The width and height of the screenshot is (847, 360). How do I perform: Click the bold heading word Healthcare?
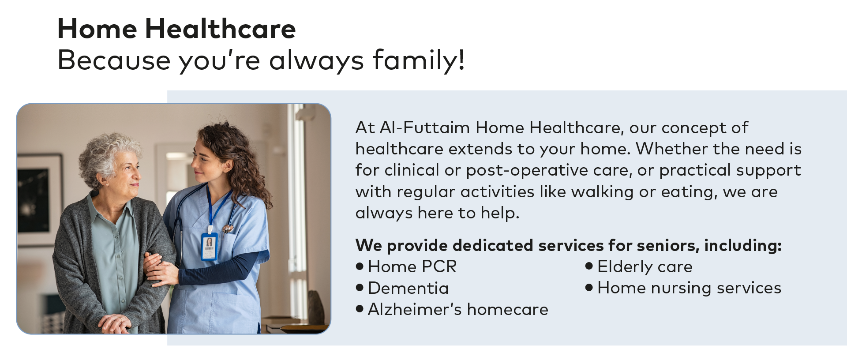(x=220, y=29)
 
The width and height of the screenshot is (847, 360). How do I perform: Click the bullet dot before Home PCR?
(x=360, y=266)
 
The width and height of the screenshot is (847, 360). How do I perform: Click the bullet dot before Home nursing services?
(x=589, y=288)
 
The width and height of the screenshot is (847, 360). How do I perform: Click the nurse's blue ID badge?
(x=209, y=247)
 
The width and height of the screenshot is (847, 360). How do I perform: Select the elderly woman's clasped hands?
(x=115, y=324)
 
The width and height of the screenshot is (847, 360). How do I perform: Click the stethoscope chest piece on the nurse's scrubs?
(x=228, y=229)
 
